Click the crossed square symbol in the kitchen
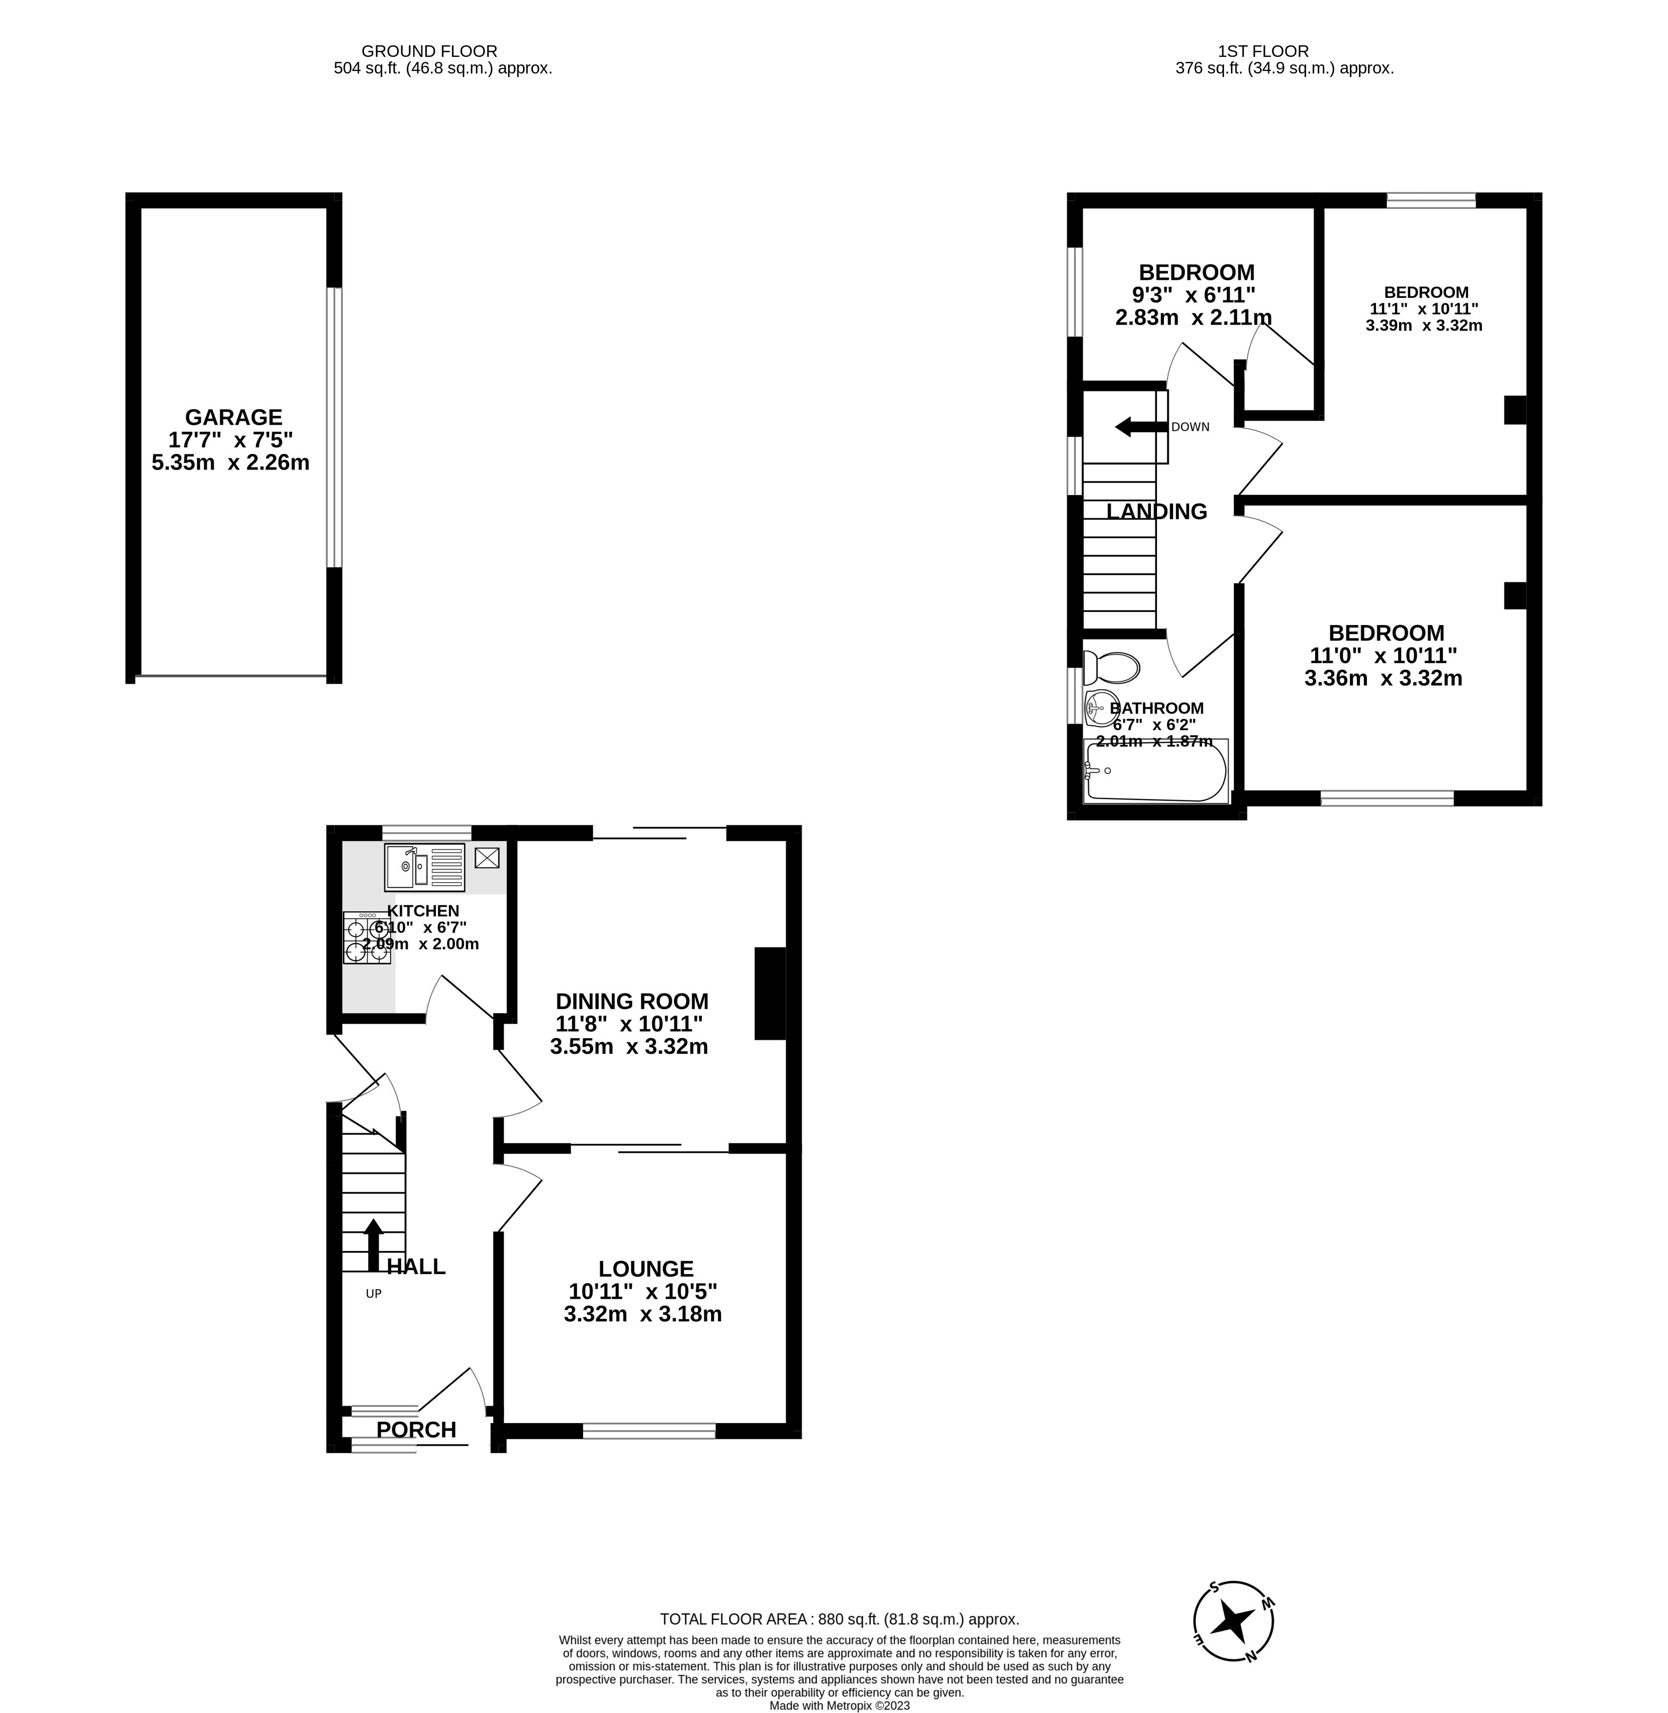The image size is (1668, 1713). tap(487, 858)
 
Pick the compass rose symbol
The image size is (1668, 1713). tap(1234, 1622)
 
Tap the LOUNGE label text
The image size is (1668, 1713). tap(645, 1268)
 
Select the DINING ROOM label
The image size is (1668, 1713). tap(632, 1001)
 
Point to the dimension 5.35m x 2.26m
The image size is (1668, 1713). tap(231, 462)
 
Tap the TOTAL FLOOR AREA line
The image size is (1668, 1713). tap(839, 1619)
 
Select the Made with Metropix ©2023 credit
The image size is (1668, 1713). tap(839, 1705)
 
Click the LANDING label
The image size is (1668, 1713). tap(1156, 511)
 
